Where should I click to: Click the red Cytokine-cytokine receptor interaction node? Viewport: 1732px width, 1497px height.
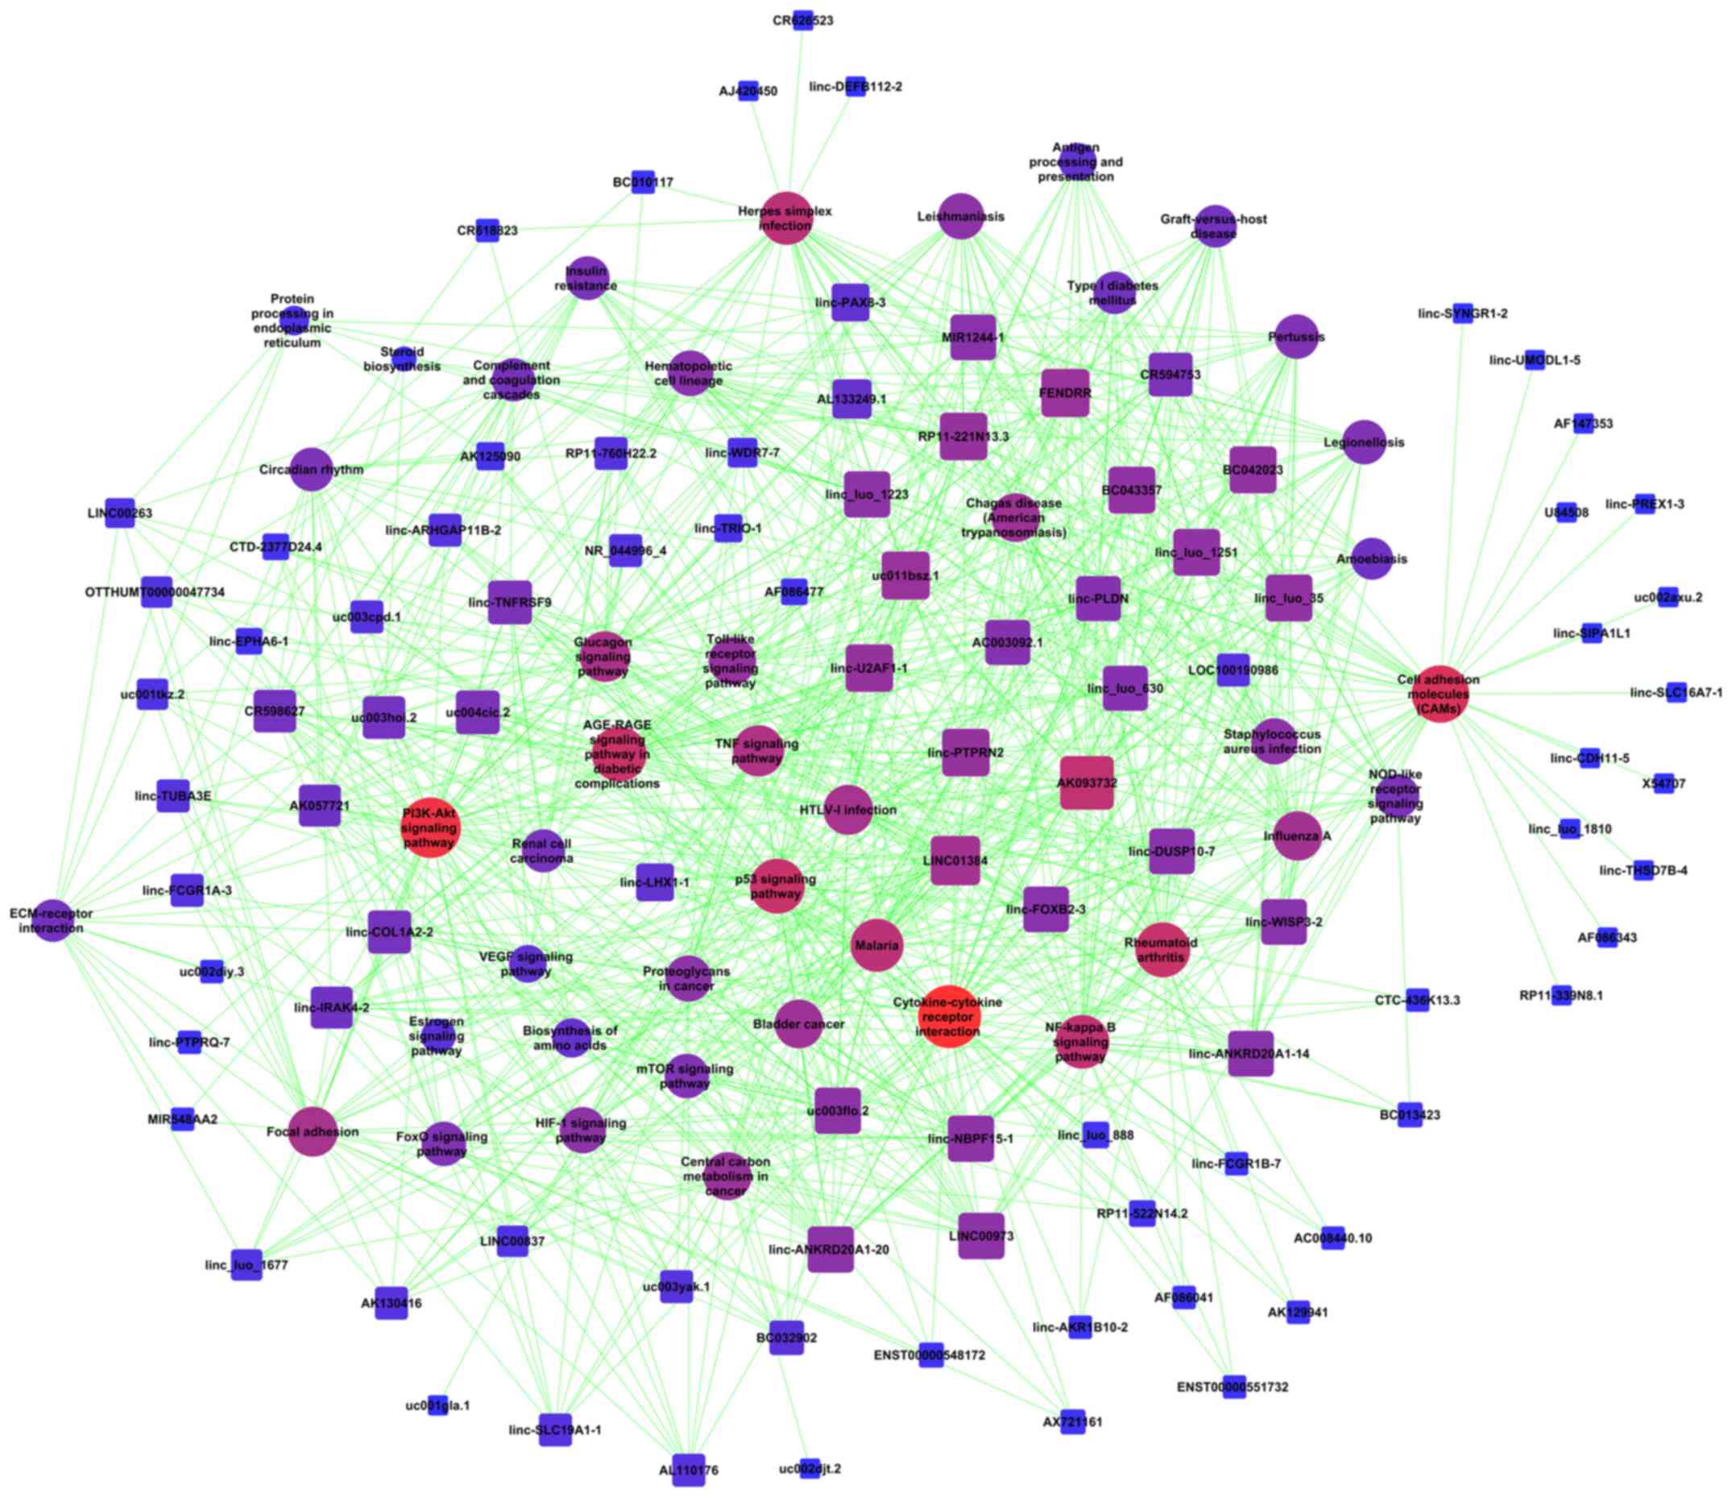point(948,1016)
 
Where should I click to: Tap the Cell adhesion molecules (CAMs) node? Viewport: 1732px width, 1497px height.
point(1440,694)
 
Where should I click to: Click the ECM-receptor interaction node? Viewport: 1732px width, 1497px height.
point(52,920)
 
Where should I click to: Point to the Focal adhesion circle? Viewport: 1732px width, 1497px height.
point(313,1132)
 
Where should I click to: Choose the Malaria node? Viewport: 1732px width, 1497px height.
point(876,945)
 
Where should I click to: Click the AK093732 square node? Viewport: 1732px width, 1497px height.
point(1087,783)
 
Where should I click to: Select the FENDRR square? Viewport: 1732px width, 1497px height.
point(1065,393)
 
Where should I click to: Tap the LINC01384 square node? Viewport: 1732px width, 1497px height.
point(955,860)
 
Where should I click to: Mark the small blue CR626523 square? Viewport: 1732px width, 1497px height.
point(802,20)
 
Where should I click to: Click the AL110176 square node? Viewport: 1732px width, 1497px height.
point(689,1470)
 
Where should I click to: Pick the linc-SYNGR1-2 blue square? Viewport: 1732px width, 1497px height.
point(1463,313)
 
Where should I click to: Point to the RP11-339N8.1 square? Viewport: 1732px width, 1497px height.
point(1560,996)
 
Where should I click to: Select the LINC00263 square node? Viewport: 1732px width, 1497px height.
point(120,512)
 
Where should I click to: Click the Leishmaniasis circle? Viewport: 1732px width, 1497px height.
point(960,217)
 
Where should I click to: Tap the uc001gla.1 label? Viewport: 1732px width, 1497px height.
point(437,1406)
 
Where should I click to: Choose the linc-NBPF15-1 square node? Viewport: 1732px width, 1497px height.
point(972,1139)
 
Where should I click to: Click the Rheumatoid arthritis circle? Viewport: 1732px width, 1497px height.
point(1161,948)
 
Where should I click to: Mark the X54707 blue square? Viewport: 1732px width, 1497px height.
point(1664,784)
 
